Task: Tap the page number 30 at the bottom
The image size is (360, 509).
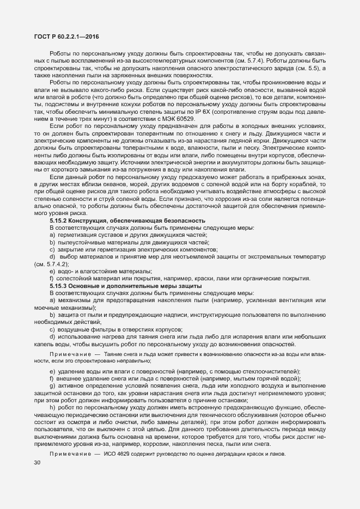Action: coord(36,463)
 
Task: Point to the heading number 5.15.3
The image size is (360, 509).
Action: coord(59,285)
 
